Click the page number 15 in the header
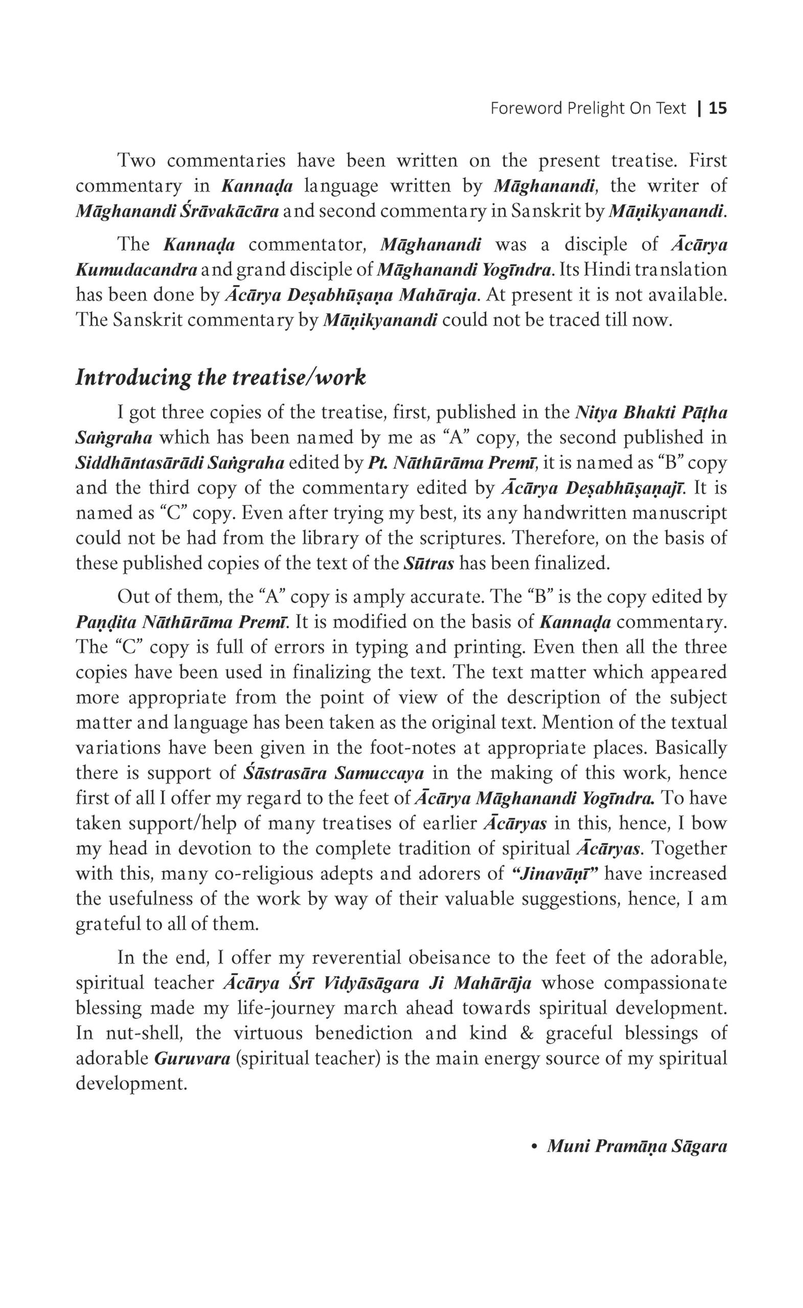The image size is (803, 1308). point(718,109)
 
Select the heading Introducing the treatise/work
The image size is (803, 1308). point(220,378)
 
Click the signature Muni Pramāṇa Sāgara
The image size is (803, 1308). point(636,1146)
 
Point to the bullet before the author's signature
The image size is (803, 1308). point(535,1147)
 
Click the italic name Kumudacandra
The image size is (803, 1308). point(136,270)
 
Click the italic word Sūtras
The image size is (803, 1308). point(428,563)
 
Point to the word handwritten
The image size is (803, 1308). point(575,513)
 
